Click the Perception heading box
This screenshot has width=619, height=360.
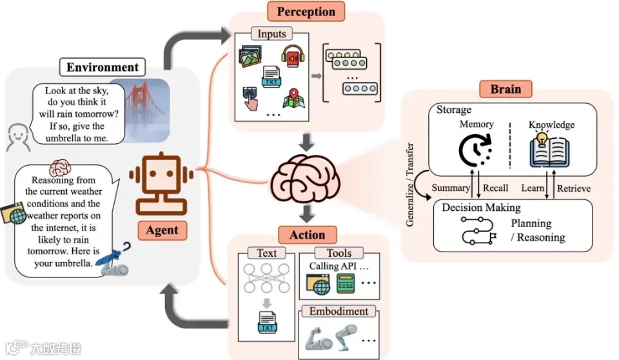[306, 12]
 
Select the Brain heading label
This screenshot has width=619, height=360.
[506, 89]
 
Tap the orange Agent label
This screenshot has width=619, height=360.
[162, 230]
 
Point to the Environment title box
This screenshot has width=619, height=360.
[103, 67]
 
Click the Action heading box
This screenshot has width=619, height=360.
[307, 235]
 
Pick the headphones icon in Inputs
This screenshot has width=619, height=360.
[293, 57]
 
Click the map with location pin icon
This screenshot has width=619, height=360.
[294, 99]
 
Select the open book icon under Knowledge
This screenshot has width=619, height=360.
[549, 150]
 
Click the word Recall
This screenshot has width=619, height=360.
[495, 188]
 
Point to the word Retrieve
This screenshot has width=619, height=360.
[574, 188]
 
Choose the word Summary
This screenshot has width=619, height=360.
[451, 188]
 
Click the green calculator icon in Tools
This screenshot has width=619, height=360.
[346, 284]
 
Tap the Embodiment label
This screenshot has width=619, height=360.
[339, 312]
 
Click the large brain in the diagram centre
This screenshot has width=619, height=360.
[305, 179]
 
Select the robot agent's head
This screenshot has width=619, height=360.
[161, 173]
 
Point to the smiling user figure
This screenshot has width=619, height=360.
[18, 137]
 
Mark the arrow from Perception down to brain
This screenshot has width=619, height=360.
[306, 143]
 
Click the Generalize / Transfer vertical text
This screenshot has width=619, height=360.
[410, 185]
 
